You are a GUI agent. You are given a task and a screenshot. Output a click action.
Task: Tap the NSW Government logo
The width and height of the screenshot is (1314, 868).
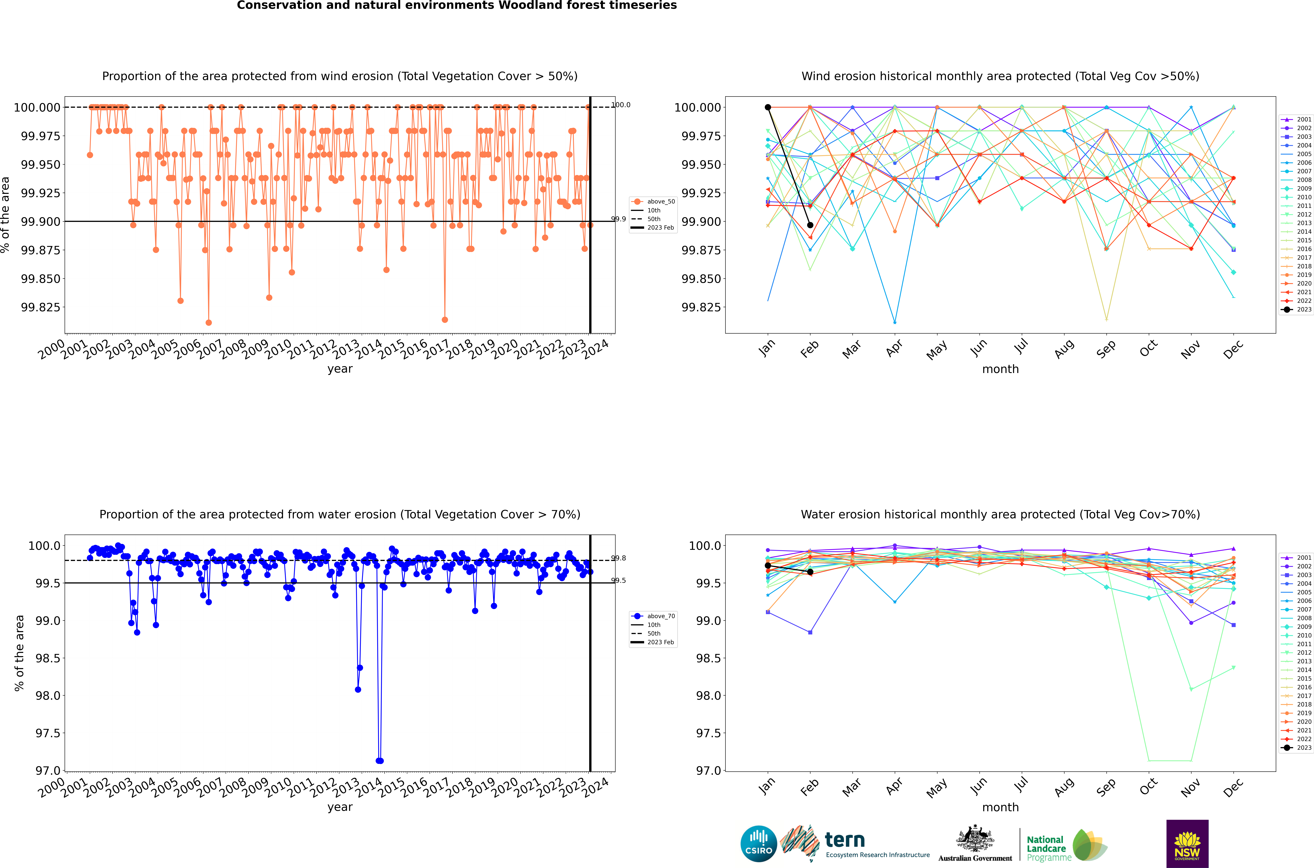(x=1187, y=844)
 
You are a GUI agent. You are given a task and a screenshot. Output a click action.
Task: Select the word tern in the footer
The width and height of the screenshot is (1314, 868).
(x=844, y=840)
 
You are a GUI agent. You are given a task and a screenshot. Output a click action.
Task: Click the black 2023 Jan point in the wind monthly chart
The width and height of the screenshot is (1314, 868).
(x=767, y=107)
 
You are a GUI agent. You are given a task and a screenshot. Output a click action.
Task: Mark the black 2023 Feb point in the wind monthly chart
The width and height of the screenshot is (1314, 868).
(x=810, y=225)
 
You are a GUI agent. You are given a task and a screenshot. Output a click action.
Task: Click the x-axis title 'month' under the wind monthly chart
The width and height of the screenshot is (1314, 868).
(x=1000, y=369)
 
